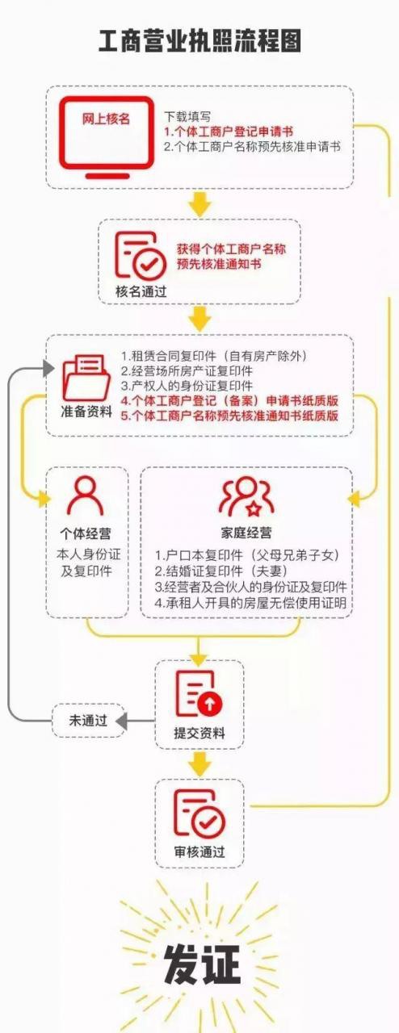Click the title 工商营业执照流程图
pos(200,40)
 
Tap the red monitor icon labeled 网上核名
pos(107,137)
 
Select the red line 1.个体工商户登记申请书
pos(229,132)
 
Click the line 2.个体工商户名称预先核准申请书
pos(253,147)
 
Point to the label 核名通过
pos(141,291)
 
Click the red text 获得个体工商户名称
pos(231,249)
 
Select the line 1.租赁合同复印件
pos(214,356)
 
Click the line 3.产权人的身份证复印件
pos(187,386)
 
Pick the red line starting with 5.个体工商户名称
pos(229,416)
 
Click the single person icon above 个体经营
pos(86,496)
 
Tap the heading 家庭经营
pos(246,533)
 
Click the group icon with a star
pos(246,496)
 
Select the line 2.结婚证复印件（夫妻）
pos(220,571)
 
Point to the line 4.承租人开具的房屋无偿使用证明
pos(250,602)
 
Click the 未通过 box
pos(88,721)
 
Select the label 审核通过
pos(199,851)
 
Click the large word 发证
pos(202,964)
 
